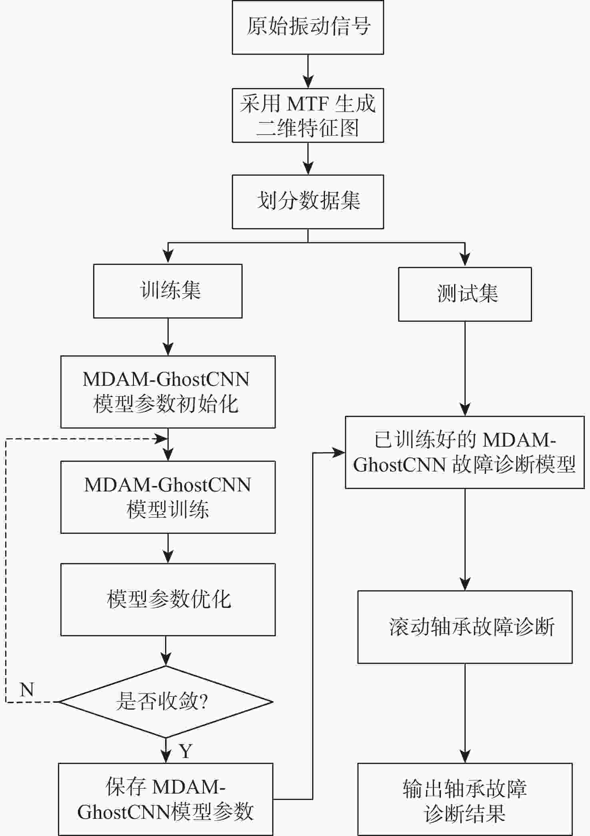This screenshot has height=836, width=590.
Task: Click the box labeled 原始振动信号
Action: pos(308,27)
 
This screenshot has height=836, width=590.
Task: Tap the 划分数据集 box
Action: pos(308,202)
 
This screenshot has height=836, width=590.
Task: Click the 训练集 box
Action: pos(168,291)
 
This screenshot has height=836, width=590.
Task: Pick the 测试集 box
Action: pos(465,294)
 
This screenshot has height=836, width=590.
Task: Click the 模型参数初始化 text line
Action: pos(166,404)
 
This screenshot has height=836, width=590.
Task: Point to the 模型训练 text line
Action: pos(168,510)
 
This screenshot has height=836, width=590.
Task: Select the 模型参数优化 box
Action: pos(168,599)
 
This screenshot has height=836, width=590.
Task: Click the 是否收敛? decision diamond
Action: pos(166,702)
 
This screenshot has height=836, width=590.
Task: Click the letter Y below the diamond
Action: pos(185,751)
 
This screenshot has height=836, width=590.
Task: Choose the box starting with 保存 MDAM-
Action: pos(166,799)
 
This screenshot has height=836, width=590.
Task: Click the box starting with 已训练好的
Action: pos(465,452)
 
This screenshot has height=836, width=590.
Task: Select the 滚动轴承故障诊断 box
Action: pos(465,627)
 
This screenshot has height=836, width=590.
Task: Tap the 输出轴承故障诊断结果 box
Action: pos(465,799)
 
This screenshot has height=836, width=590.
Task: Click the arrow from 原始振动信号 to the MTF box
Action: pos(308,71)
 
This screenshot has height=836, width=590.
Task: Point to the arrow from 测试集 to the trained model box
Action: pos(465,369)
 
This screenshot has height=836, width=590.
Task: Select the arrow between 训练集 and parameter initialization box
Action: pos(168,337)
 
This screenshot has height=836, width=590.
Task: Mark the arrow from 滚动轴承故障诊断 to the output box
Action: pos(465,713)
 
